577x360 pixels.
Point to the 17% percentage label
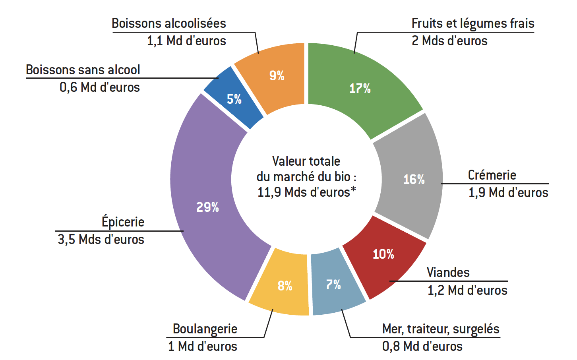click(360, 88)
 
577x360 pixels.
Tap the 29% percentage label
click(207, 207)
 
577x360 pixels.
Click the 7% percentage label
click(333, 285)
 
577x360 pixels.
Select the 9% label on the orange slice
click(277, 75)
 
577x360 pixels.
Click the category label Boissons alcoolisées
click(168, 23)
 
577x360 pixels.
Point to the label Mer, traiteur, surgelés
click(441, 329)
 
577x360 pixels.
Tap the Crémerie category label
click(492, 175)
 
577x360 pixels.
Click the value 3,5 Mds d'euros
click(101, 240)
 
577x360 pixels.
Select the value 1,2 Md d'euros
click(467, 290)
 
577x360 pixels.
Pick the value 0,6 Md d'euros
click(100, 87)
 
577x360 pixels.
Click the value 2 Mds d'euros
click(449, 41)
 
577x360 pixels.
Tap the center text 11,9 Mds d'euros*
click(306, 192)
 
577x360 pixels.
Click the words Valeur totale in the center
click(306, 161)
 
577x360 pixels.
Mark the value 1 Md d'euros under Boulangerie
click(203, 346)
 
